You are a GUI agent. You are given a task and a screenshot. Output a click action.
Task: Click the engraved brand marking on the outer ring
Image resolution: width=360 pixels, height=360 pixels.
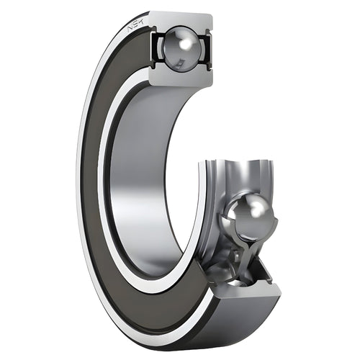tap(135, 27)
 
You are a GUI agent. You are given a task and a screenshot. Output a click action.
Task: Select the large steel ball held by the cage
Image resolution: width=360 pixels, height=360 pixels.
tap(248, 215)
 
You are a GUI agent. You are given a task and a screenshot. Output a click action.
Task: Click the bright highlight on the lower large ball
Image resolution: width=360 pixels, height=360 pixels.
tap(256, 209)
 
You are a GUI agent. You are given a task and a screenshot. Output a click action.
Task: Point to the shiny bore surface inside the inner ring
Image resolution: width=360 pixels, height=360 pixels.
tap(137, 180)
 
